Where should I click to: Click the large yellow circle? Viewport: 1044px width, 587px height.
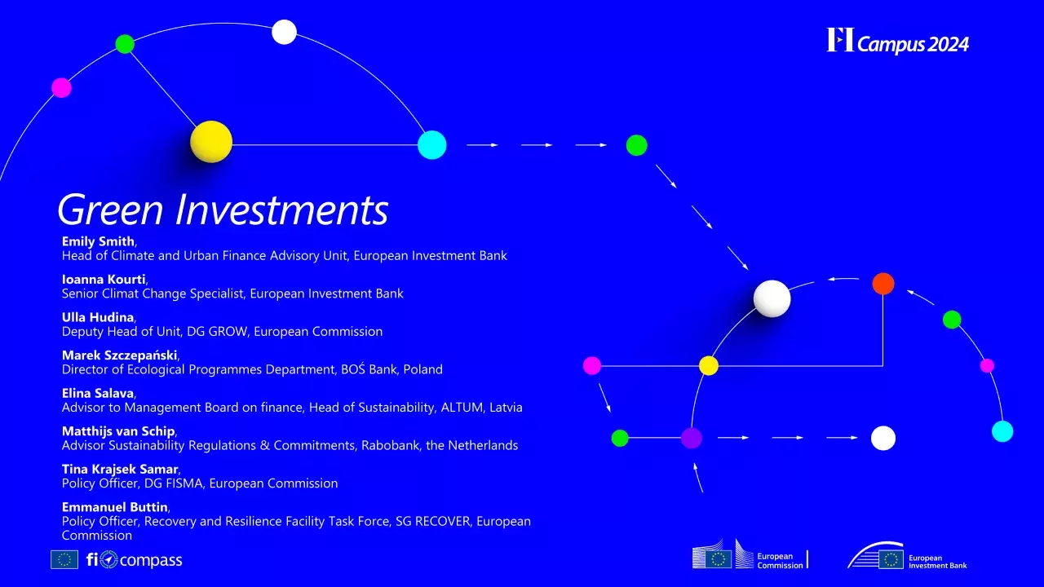pyautogui.click(x=211, y=142)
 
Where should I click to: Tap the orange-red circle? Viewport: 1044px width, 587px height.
pyautogui.click(x=883, y=284)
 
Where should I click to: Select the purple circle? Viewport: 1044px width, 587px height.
pyautogui.click(x=692, y=438)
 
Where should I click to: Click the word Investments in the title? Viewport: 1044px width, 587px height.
pyautogui.click(x=282, y=210)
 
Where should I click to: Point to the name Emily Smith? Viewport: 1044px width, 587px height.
pyautogui.click(x=98, y=241)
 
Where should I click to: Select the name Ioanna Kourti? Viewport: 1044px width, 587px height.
pyautogui.click(x=104, y=279)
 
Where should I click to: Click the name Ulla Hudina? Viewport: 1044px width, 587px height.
pyautogui.click(x=98, y=317)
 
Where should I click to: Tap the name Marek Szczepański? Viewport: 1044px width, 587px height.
pyautogui.click(x=120, y=355)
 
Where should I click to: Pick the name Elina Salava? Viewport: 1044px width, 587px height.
pyautogui.click(x=98, y=393)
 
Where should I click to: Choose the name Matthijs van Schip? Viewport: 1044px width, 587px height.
pyautogui.click(x=118, y=431)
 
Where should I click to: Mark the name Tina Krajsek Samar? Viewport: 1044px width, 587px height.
pyautogui.click(x=120, y=469)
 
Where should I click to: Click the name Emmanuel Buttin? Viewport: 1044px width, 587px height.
pyautogui.click(x=114, y=507)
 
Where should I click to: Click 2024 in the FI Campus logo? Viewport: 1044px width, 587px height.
pyautogui.click(x=946, y=44)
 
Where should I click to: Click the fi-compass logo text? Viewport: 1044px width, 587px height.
pyautogui.click(x=135, y=560)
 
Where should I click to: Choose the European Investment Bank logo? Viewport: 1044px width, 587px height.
pyautogui.click(x=907, y=558)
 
